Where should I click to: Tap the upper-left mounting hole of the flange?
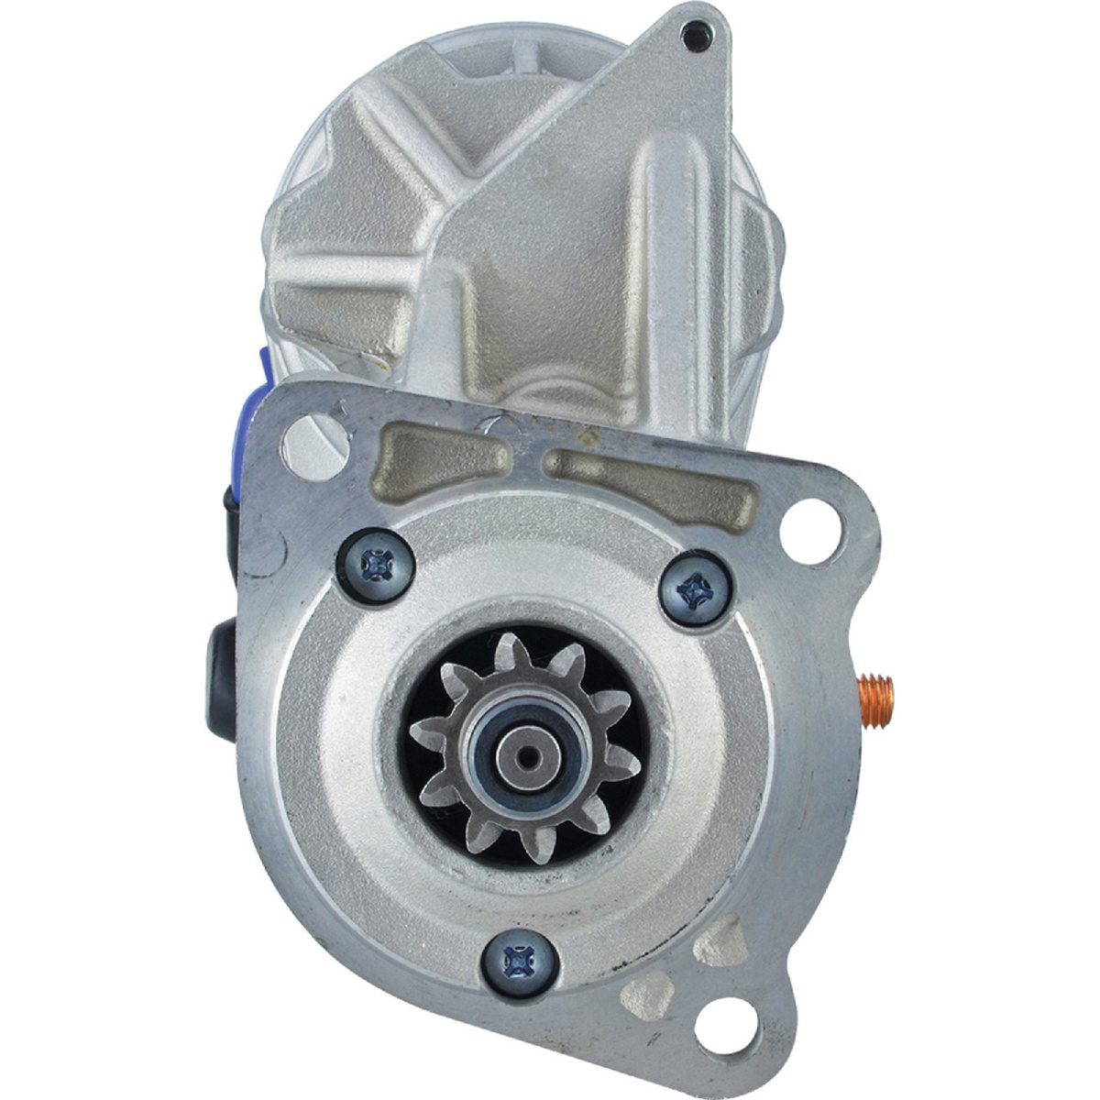(305, 438)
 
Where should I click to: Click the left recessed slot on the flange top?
(446, 452)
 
